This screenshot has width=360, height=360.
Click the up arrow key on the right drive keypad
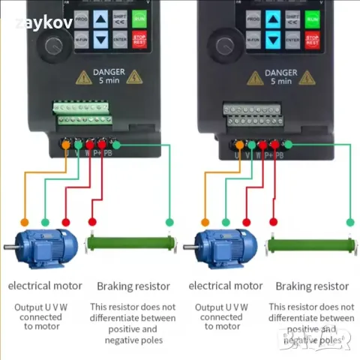pyautogui.click(x=272, y=17)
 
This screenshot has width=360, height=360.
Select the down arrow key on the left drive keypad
pyautogui.click(x=100, y=37)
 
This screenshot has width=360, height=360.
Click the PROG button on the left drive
pyautogui.click(x=82, y=17)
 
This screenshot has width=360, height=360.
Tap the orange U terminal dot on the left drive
pyautogui.click(x=66, y=144)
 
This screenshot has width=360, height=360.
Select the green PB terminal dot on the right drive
pyautogui.click(x=286, y=144)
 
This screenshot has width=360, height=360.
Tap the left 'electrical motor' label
pyautogui.click(x=45, y=286)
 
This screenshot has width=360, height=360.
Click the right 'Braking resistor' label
pyautogui.click(x=312, y=286)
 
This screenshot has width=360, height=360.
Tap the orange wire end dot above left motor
pyautogui.click(x=25, y=222)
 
